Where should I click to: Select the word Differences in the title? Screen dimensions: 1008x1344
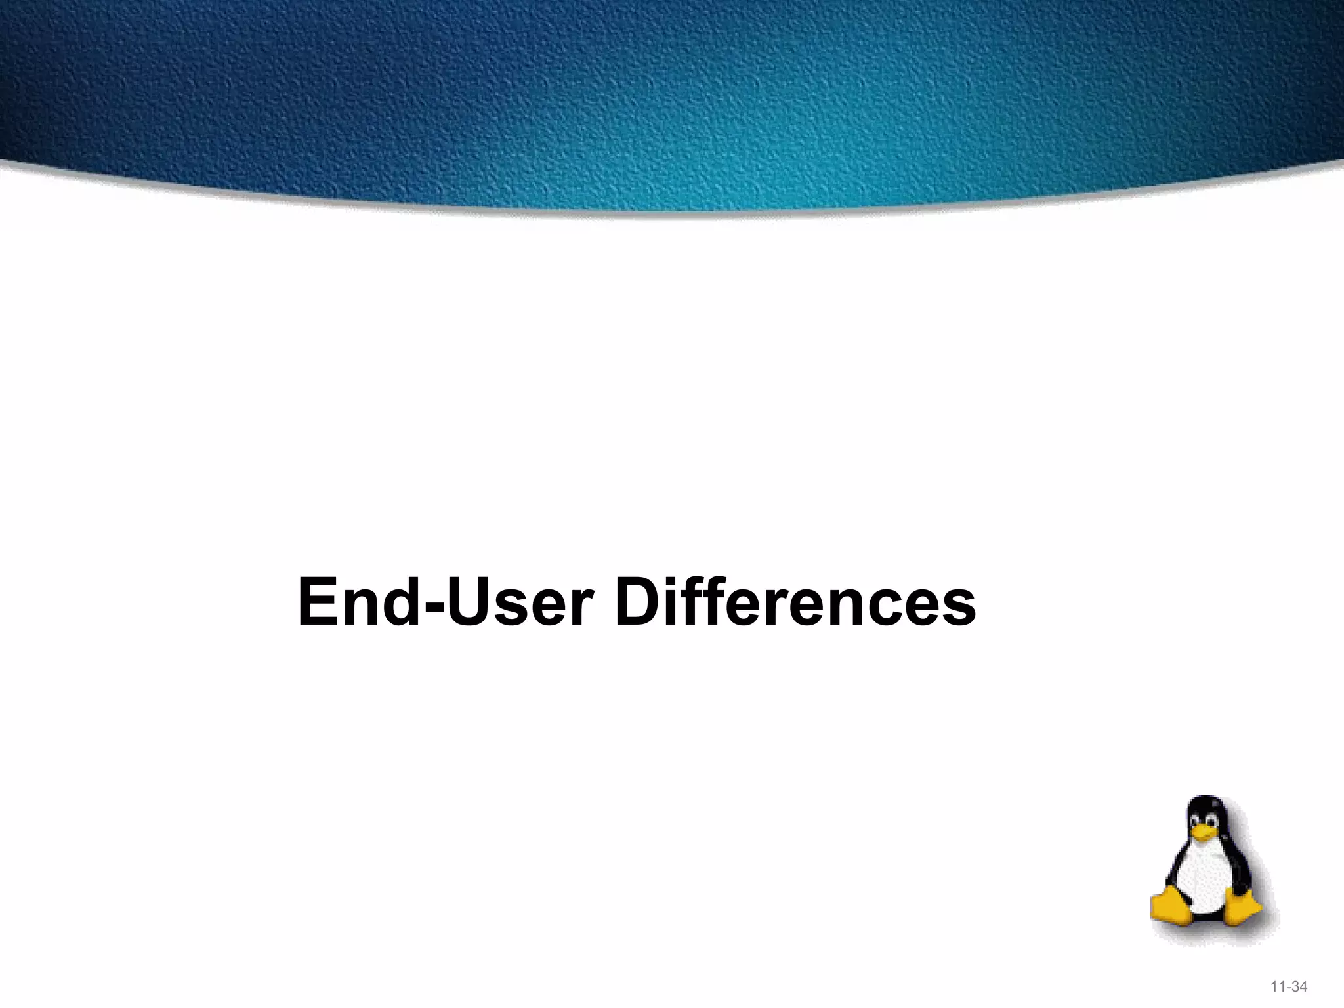point(794,602)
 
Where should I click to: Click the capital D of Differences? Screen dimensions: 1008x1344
point(639,602)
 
